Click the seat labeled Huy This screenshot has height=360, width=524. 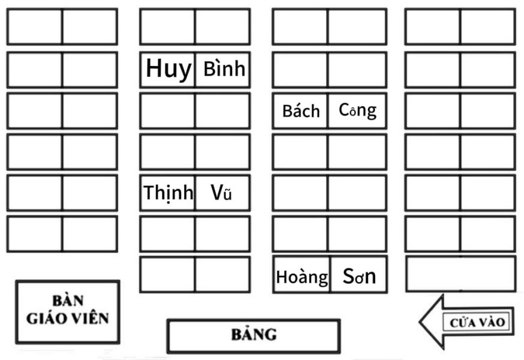(167, 70)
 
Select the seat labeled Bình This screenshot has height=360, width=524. (223, 70)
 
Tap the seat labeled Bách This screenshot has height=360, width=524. (300, 110)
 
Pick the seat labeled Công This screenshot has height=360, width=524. (357, 110)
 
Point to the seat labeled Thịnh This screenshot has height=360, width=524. (167, 193)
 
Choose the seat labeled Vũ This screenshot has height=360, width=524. (223, 193)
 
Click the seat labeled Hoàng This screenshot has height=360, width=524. (301, 275)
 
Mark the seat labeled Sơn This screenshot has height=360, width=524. (359, 275)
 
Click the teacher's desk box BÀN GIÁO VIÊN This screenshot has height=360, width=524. (67, 310)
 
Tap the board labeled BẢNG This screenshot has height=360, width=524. (253, 335)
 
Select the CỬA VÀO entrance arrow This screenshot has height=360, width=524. (468, 322)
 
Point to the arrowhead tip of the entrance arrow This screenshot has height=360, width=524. (421, 323)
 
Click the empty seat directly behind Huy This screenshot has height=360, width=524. (167, 26)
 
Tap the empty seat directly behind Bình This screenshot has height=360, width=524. (223, 26)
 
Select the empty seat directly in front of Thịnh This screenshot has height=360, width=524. (167, 233)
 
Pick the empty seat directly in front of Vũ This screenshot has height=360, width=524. (223, 233)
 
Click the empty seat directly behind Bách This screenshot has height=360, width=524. (300, 70)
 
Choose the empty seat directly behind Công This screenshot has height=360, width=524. (357, 70)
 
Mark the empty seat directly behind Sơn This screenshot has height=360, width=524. (357, 233)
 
